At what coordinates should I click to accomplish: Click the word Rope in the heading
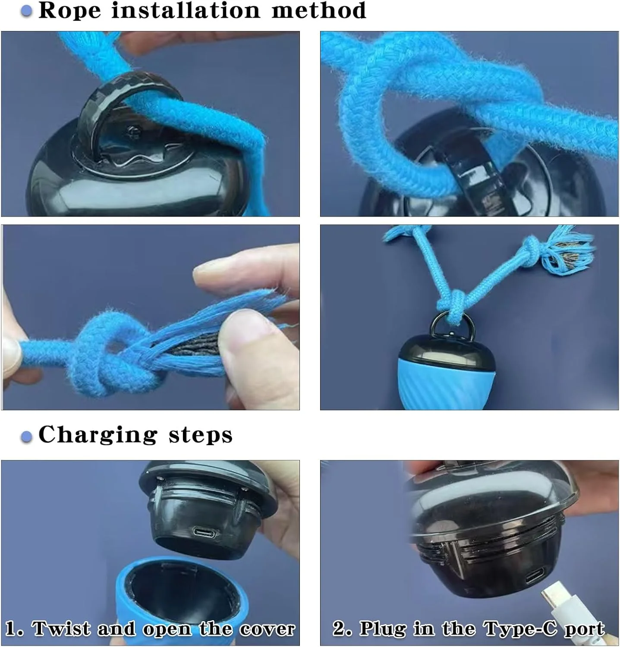click(69, 10)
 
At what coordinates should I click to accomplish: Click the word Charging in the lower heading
click(98, 435)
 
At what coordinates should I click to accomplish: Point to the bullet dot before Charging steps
click(27, 437)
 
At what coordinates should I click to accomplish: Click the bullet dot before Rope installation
click(27, 11)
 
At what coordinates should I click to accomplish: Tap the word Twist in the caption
click(61, 628)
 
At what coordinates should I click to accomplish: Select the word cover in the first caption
click(267, 629)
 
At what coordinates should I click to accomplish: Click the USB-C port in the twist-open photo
click(204, 533)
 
